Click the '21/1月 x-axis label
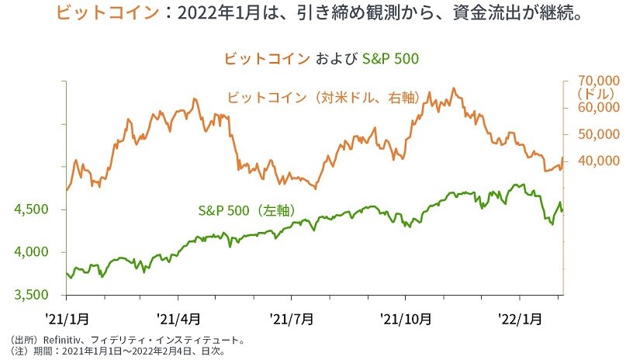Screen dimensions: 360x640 point(67,319)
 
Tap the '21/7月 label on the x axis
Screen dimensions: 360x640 point(292,319)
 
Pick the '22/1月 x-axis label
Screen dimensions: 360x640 point(518,319)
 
